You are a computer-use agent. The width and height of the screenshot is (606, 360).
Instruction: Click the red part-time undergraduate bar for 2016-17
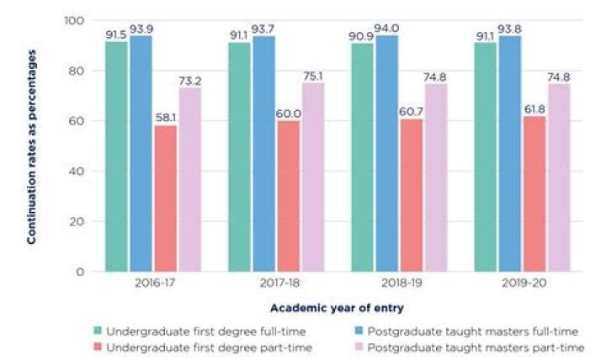(x=165, y=199)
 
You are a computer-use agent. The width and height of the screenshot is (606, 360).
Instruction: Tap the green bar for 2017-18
(x=239, y=156)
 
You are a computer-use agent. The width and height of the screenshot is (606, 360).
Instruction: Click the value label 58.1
(x=165, y=119)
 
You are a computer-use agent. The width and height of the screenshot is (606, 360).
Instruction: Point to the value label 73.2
(x=191, y=80)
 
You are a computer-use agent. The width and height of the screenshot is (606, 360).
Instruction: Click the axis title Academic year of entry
(x=337, y=309)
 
